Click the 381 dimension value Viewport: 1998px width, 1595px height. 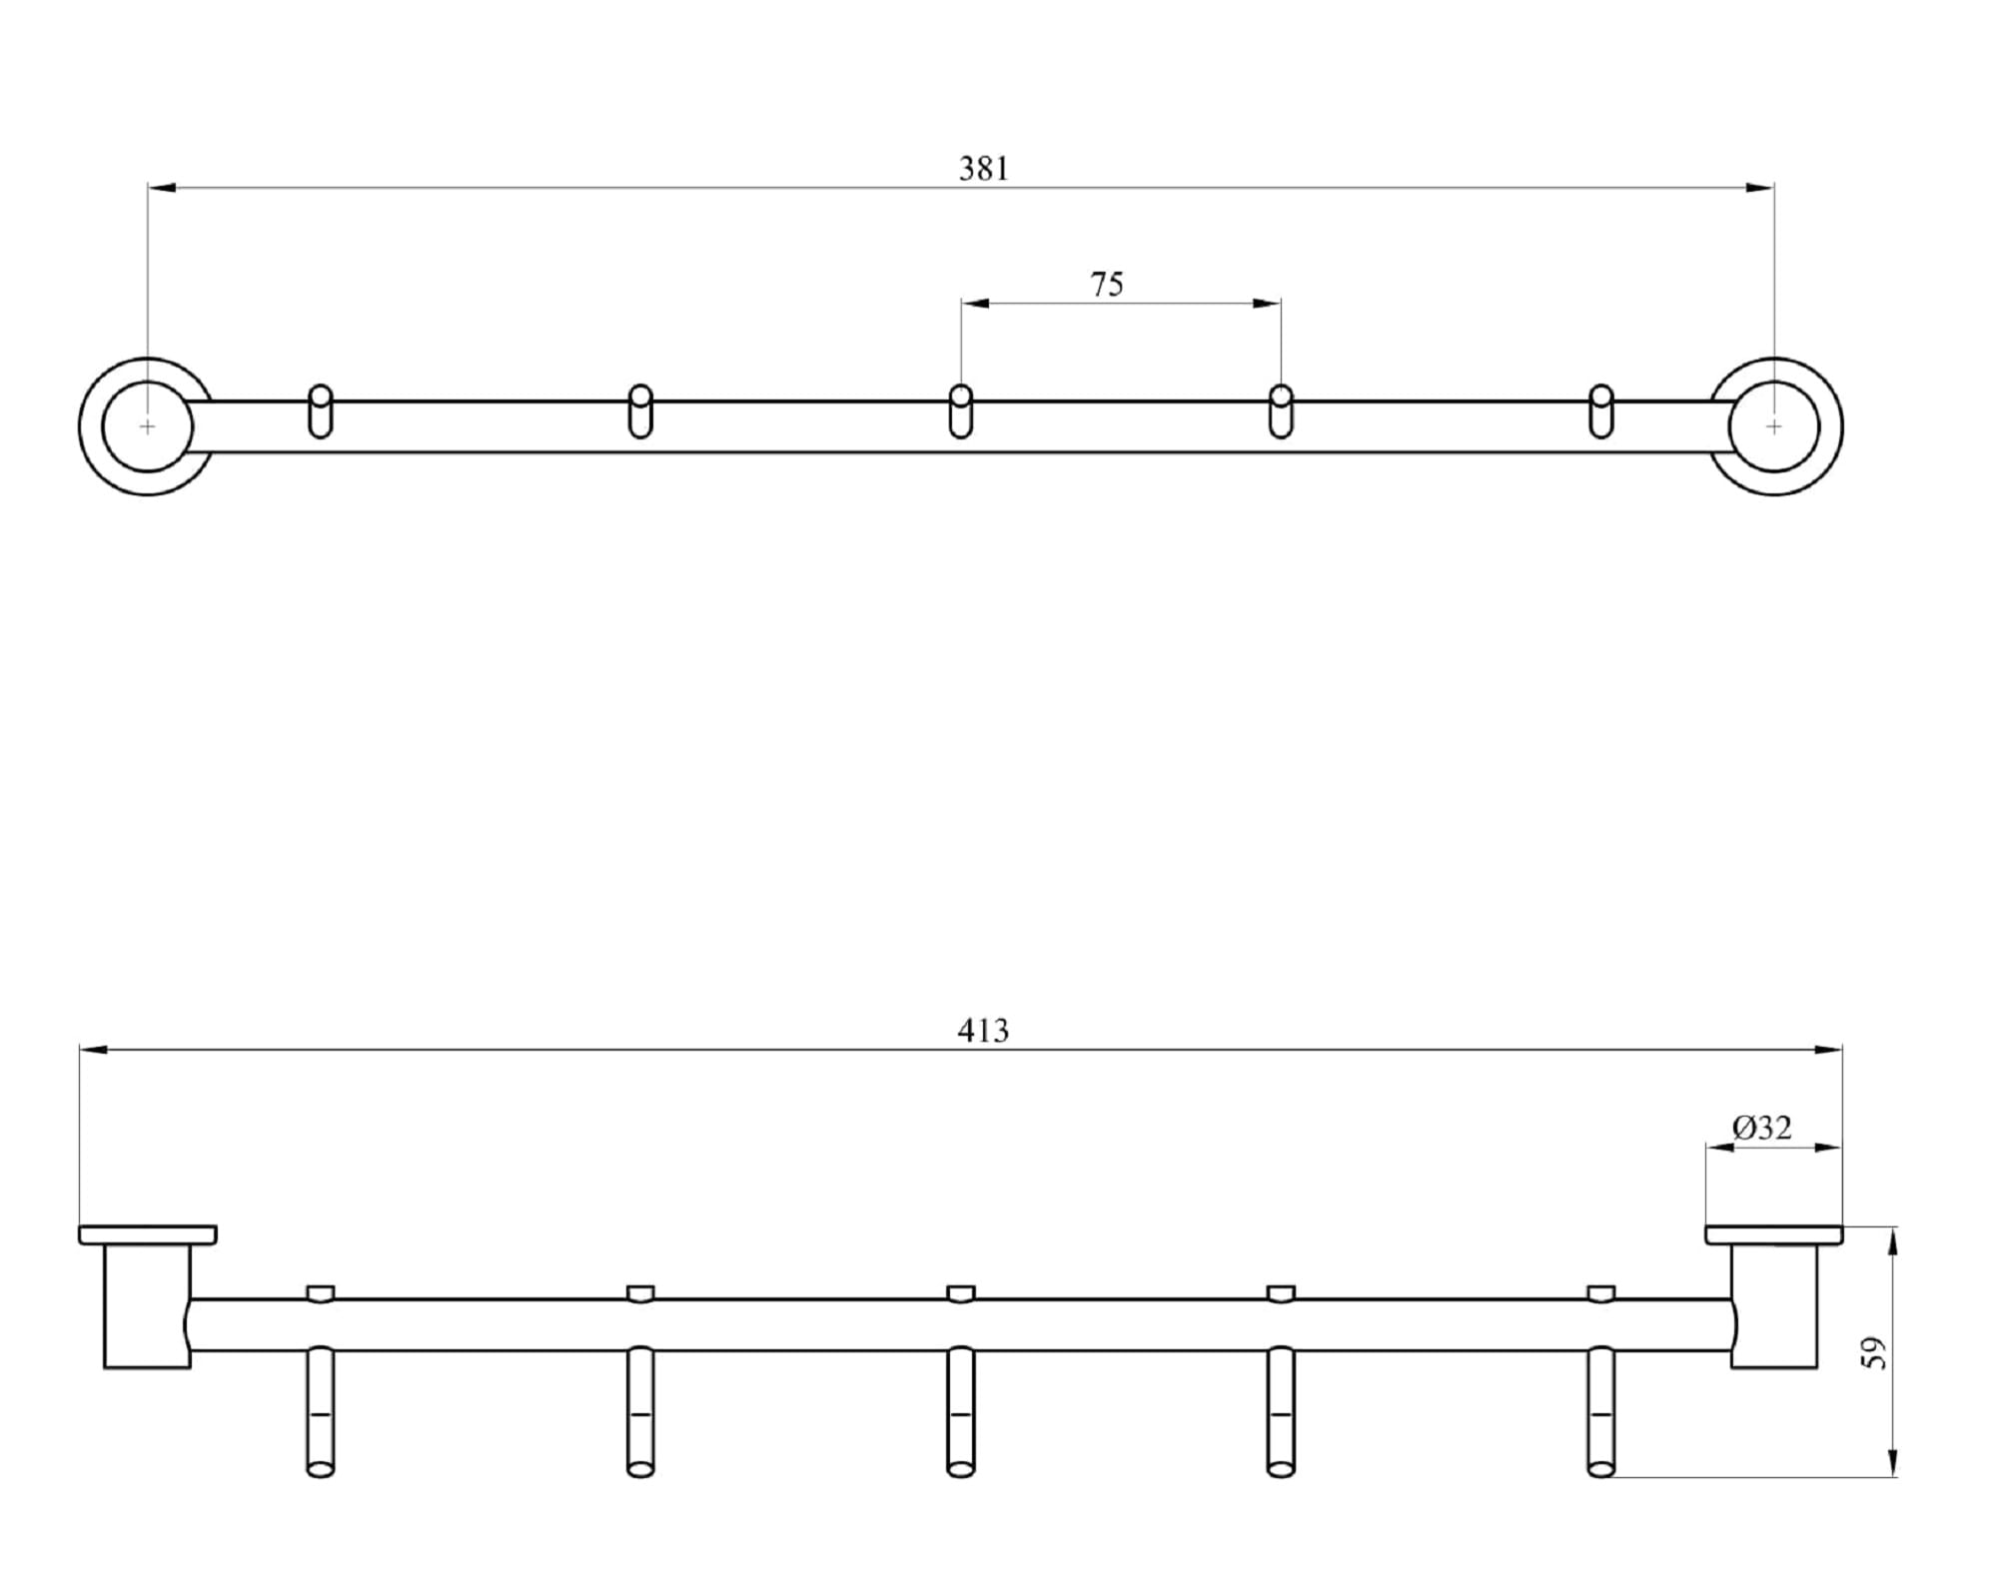click(984, 169)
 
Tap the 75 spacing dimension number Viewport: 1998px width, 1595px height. click(1107, 285)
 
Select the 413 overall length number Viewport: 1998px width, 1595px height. click(983, 1031)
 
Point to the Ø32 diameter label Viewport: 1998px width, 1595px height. click(1762, 1128)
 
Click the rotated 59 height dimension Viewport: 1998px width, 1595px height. click(1875, 1352)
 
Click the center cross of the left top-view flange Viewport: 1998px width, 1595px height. click(148, 426)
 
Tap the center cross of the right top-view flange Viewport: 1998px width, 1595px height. click(1773, 426)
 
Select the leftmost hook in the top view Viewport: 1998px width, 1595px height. click(321, 411)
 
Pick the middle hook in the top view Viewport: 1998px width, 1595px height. click(960, 411)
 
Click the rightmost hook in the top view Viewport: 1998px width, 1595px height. click(1600, 411)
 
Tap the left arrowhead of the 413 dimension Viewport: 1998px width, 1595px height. click(93, 1050)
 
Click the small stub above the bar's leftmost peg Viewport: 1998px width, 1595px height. click(321, 1293)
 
